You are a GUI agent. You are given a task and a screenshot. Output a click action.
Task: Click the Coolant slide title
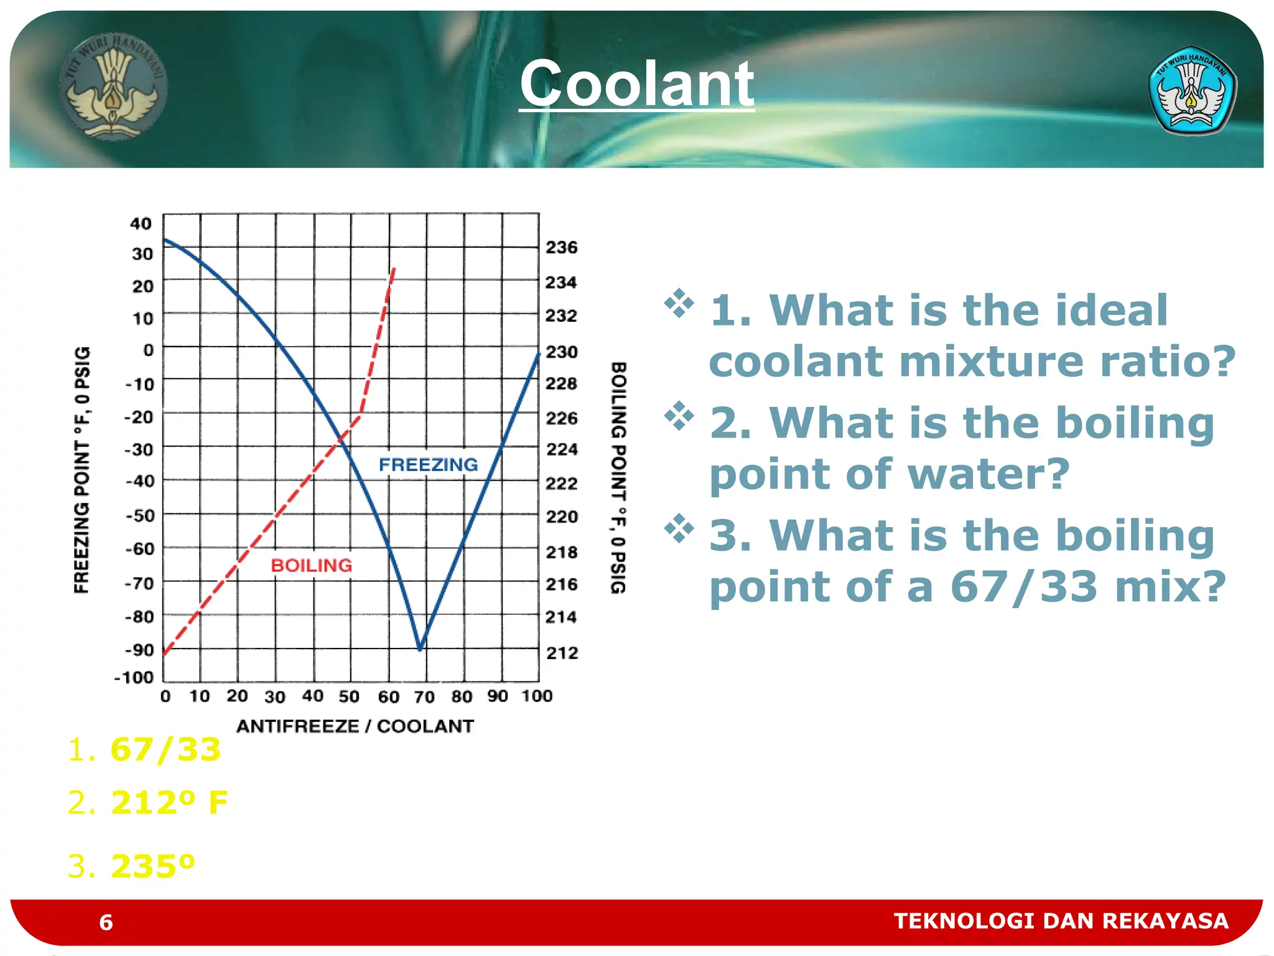636,84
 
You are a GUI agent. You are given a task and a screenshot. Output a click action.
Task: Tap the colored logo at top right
1191,91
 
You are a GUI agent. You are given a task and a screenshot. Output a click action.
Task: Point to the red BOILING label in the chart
312,565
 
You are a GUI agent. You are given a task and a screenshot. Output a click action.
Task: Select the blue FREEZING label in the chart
429,464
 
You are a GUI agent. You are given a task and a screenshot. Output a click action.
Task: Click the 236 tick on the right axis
561,248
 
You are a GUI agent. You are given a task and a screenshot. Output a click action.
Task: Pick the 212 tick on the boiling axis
562,653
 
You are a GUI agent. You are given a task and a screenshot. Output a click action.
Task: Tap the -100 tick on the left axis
134,677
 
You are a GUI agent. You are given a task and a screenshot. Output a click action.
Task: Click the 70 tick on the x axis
424,696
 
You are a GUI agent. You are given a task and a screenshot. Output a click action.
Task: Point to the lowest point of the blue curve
420,648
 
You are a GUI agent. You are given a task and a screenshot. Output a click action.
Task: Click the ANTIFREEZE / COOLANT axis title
355,726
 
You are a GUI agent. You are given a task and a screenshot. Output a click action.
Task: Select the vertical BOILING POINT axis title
618,477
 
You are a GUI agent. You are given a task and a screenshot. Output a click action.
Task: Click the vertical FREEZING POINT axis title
82,470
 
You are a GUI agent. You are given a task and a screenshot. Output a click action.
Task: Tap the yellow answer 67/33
165,749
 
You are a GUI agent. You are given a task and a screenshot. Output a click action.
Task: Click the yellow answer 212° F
169,802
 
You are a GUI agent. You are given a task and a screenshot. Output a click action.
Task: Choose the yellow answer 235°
152,866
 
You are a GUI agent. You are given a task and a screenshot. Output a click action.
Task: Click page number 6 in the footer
106,922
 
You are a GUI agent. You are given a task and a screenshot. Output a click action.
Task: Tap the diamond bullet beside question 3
679,529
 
